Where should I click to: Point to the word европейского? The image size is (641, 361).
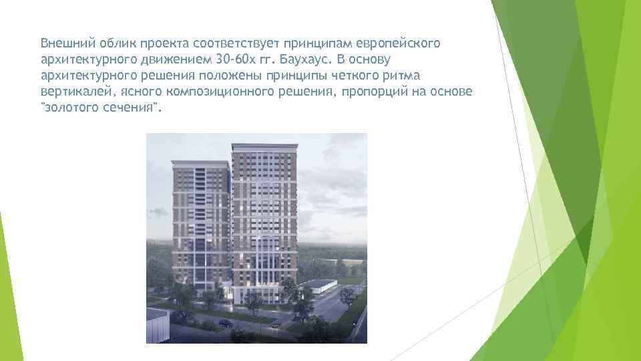pos(401,43)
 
